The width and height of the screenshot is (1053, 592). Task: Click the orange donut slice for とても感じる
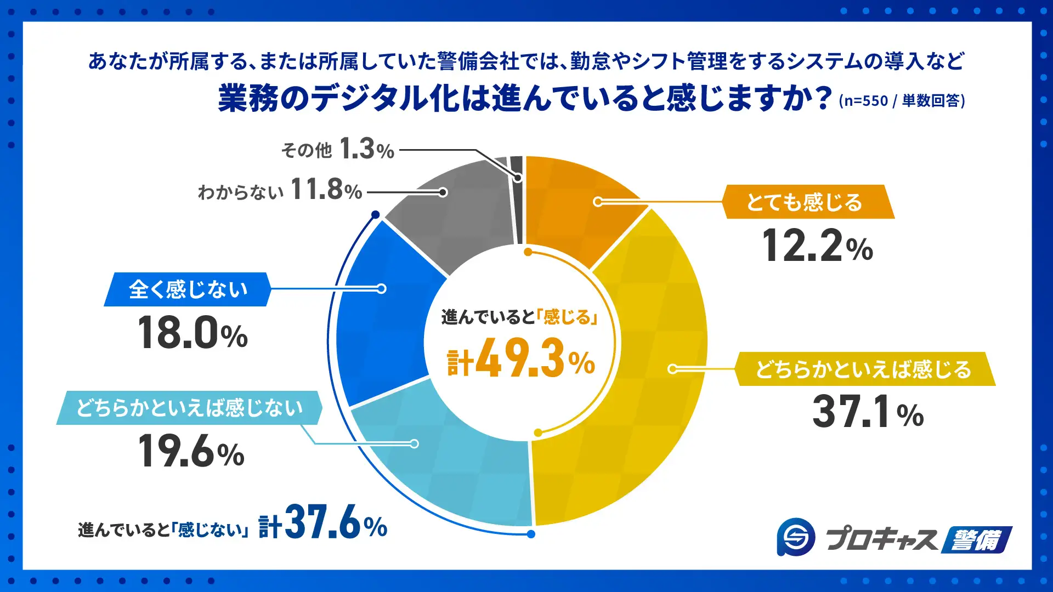[x=576, y=208]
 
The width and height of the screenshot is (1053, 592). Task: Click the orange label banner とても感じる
[x=806, y=202]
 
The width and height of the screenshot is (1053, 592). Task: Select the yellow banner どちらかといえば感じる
[x=864, y=369]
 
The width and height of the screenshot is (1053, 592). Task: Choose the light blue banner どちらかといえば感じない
[x=189, y=408]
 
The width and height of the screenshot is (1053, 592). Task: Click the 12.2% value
[x=817, y=246]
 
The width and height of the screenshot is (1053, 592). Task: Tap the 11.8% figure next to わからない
[x=326, y=190]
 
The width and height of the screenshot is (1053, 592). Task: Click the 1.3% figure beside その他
[x=366, y=149]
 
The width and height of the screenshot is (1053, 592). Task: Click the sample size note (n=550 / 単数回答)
[x=902, y=101]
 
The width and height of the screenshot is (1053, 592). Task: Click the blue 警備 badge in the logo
[x=976, y=540]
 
